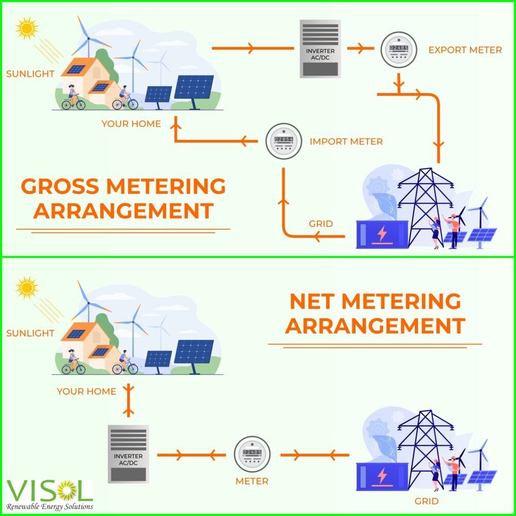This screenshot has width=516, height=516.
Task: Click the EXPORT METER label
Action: point(465,50)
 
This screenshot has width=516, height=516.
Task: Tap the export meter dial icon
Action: point(397,50)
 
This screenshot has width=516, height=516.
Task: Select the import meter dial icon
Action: point(283,141)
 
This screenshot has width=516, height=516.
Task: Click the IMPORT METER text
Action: point(346,141)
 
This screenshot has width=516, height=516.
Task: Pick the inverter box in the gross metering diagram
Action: point(320,49)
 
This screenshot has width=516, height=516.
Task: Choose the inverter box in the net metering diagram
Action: point(128,454)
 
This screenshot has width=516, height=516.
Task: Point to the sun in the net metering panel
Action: point(26,287)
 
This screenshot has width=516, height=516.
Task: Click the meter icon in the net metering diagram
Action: point(252,454)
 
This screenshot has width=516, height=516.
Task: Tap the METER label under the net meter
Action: point(252,481)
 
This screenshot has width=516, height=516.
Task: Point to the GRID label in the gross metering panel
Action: point(320,224)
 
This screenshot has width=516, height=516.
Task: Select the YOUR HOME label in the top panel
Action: point(131,124)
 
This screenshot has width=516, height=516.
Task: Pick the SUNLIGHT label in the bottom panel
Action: point(30,333)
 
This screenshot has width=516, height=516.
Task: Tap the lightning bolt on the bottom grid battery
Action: point(382,475)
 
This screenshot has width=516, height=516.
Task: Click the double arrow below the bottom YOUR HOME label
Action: point(129,399)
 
